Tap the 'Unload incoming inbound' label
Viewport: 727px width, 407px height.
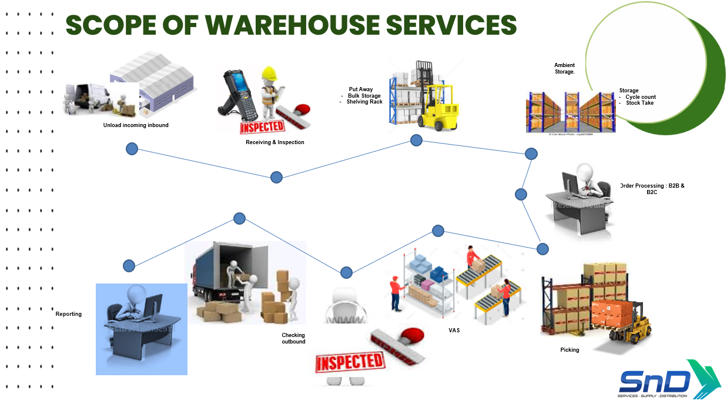click(x=136, y=125)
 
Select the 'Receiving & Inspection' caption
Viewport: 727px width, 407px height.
click(x=275, y=142)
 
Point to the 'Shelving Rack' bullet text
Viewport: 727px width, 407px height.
click(x=364, y=102)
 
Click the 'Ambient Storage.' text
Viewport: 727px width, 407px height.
click(x=564, y=68)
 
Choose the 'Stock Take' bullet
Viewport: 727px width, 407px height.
click(x=639, y=103)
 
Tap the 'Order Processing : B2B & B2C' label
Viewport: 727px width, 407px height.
click(x=652, y=189)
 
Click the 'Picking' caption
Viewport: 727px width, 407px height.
click(x=569, y=350)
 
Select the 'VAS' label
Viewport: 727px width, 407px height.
click(x=454, y=331)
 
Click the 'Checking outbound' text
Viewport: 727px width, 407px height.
click(x=293, y=338)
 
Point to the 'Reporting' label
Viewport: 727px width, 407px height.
click(x=69, y=314)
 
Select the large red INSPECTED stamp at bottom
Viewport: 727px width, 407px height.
click(x=349, y=361)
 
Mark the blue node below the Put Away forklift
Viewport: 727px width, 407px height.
click(x=416, y=140)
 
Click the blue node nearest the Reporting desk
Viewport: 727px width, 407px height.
click(x=129, y=266)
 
